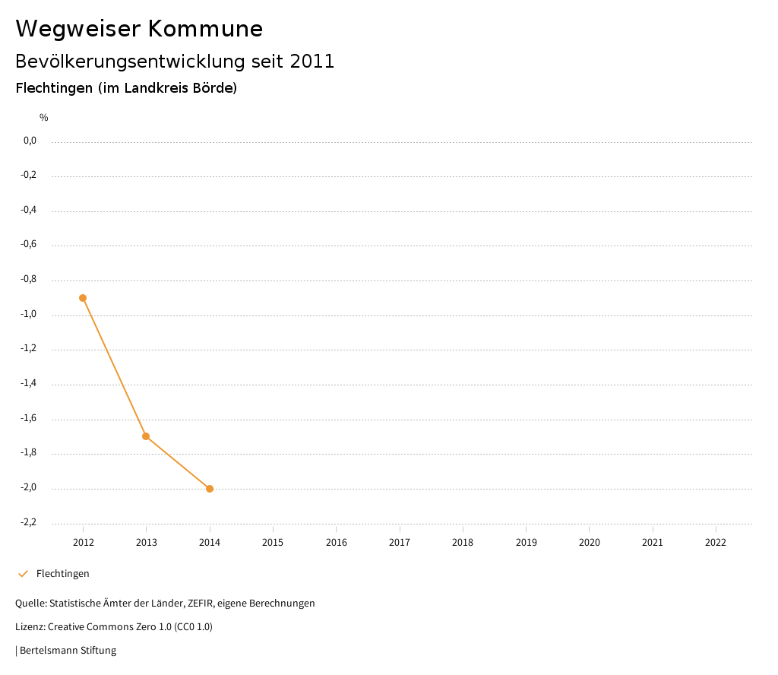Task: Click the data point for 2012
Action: pyautogui.click(x=83, y=298)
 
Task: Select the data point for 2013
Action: pyautogui.click(x=146, y=436)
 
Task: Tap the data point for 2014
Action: pyautogui.click(x=210, y=489)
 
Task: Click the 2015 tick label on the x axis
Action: pyautogui.click(x=273, y=543)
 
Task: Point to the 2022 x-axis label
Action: pyautogui.click(x=716, y=543)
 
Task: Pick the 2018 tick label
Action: pyautogui.click(x=463, y=543)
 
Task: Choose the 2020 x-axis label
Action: pyautogui.click(x=590, y=543)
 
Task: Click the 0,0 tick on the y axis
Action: pyautogui.click(x=30, y=141)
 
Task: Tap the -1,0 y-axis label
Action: pyautogui.click(x=28, y=315)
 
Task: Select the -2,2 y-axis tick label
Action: pyautogui.click(x=28, y=523)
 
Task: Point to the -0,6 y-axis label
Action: pyautogui.click(x=28, y=245)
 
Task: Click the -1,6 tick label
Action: pyautogui.click(x=28, y=419)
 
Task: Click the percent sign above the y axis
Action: pyautogui.click(x=44, y=118)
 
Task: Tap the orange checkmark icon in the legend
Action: pyautogui.click(x=23, y=574)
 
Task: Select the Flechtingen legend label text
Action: pyautogui.click(x=63, y=574)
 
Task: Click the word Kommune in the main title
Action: pyautogui.click(x=205, y=29)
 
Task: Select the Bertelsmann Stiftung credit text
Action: pyautogui.click(x=68, y=651)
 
